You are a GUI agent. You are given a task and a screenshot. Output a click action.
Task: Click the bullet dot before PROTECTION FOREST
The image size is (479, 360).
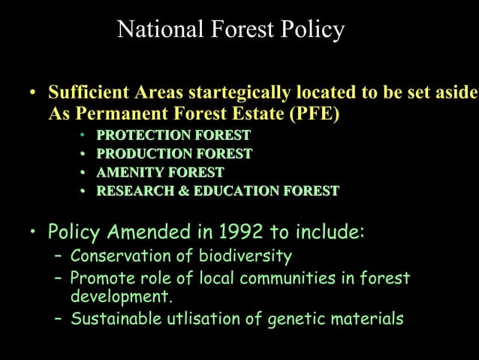[83, 136]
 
